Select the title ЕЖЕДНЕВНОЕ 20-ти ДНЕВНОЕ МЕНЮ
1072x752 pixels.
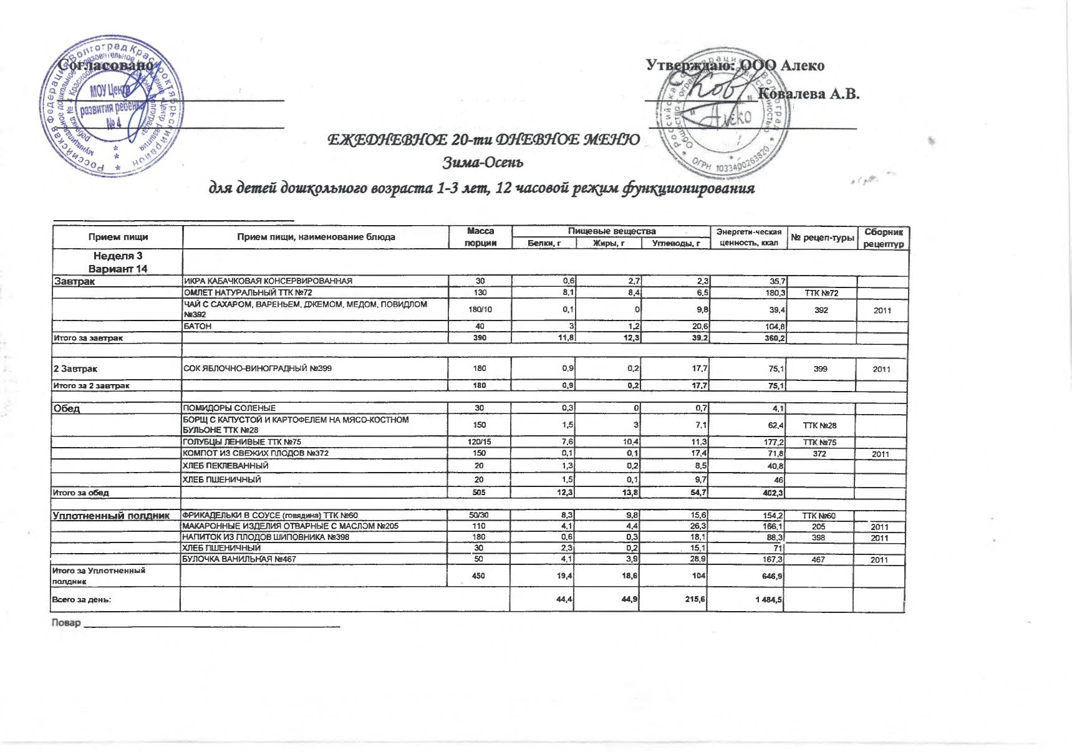[x=484, y=140]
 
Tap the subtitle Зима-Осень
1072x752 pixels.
[x=483, y=163]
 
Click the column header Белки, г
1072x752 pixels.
[x=544, y=243]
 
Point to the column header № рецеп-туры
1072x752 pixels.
[x=822, y=237]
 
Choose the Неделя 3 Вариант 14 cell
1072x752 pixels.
[x=118, y=263]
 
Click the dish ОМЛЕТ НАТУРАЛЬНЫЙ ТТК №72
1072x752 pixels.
[x=248, y=292]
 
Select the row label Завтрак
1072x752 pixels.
[x=74, y=281]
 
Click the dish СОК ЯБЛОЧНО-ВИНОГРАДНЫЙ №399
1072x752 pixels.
[x=258, y=369]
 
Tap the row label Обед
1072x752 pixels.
[x=67, y=408]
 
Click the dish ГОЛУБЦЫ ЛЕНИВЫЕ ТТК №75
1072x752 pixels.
[x=241, y=442]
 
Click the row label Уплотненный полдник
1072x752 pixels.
[x=112, y=516]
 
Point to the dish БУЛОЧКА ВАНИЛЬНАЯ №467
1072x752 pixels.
[x=239, y=559]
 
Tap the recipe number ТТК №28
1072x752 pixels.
[x=819, y=425]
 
